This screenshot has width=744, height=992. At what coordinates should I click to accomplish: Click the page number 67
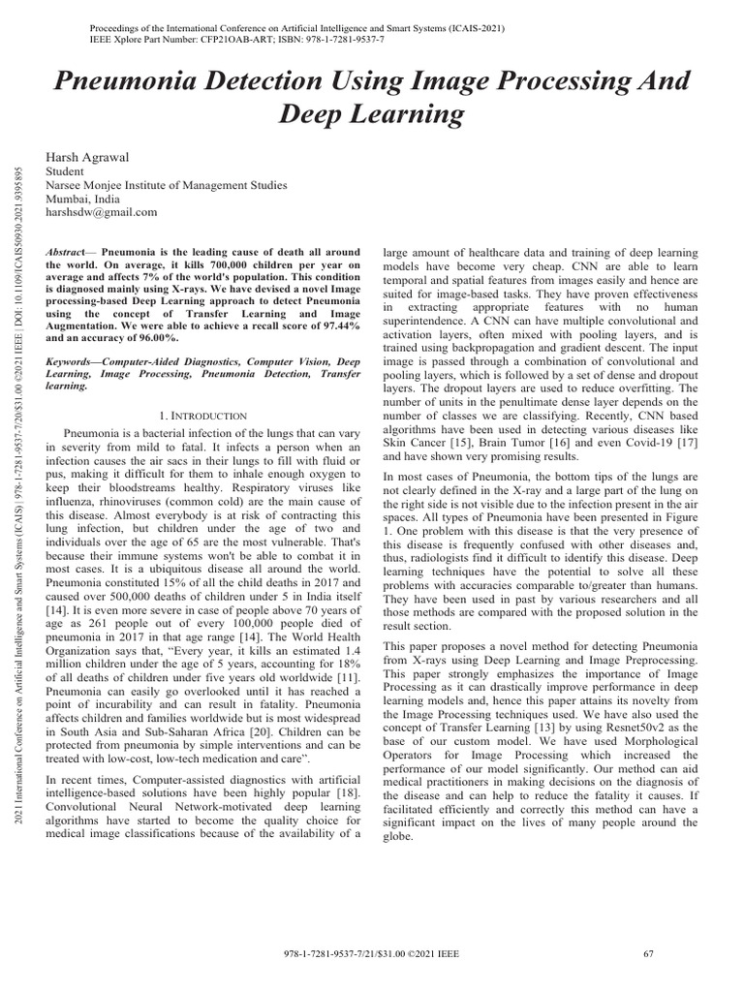point(649,954)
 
